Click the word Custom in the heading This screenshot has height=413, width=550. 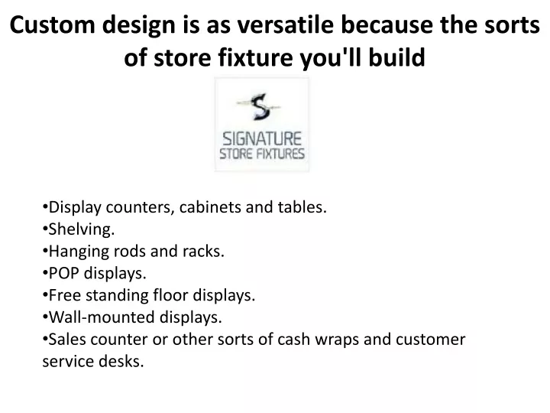pos(53,25)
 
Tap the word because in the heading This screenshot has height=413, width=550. pos(387,25)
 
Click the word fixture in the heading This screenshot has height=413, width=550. pos(255,57)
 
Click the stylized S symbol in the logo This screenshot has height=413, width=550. pos(260,106)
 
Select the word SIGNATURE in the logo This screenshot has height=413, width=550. pos(262,138)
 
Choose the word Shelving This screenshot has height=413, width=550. pos(82,229)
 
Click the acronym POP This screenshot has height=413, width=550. pos(64,273)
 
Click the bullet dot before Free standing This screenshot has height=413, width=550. pos(45,295)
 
